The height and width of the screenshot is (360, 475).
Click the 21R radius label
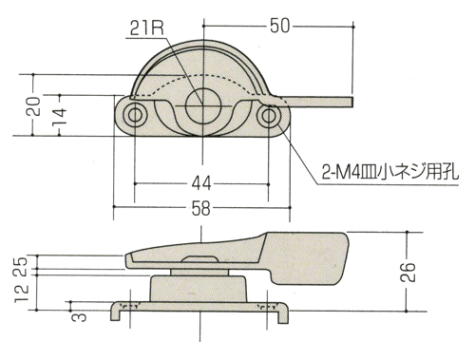point(147,29)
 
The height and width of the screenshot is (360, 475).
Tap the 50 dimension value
point(279,26)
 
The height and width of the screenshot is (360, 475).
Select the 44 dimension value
point(201,183)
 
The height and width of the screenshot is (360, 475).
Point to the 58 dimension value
point(201,209)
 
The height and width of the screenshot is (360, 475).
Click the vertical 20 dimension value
point(33,106)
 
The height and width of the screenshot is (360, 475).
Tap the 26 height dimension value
point(408,273)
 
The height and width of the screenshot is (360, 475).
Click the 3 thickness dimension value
point(79,317)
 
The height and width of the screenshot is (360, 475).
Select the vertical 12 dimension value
point(22,294)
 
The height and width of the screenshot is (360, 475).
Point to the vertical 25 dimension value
point(22,268)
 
